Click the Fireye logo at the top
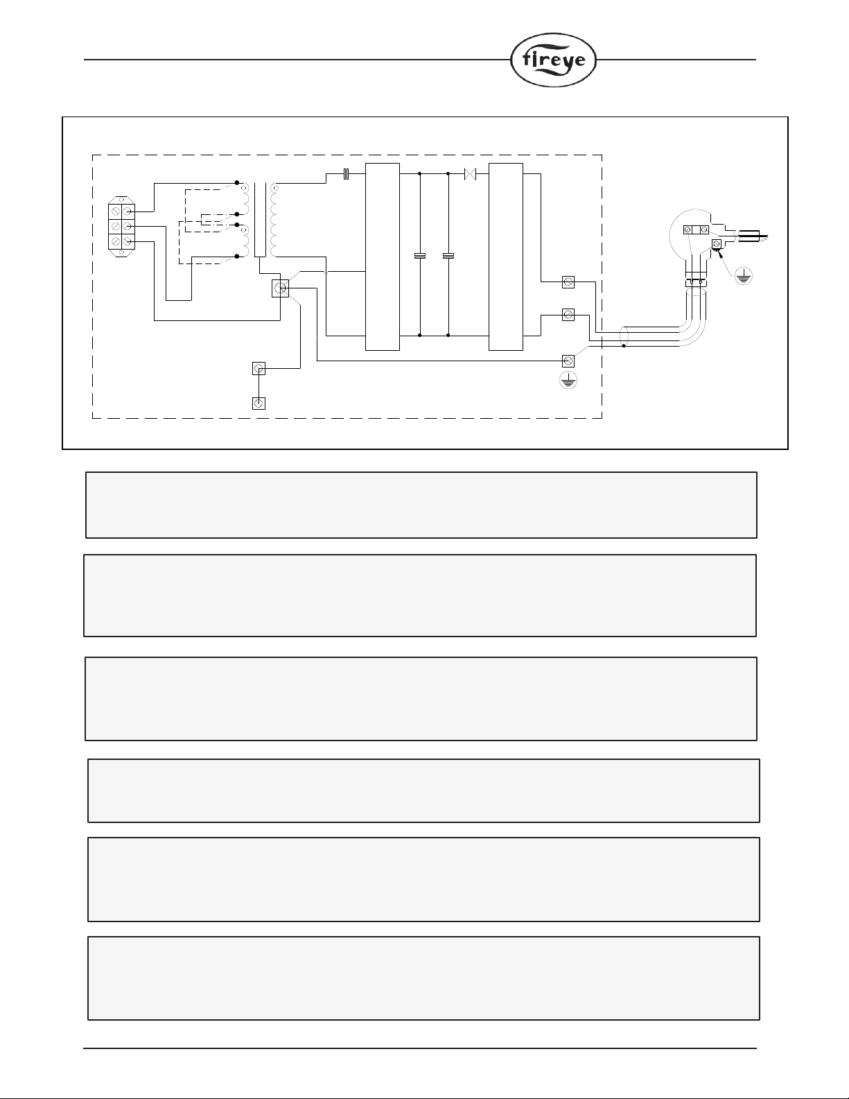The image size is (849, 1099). pos(553,60)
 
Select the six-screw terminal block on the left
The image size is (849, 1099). pos(121,225)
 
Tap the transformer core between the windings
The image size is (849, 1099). pos(259,220)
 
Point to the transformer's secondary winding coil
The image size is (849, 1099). pos(274,220)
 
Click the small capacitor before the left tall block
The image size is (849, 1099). pos(345,173)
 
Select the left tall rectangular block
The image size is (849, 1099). pos(383,257)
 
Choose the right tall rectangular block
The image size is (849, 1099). pos(505,257)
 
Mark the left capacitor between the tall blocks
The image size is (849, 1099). pos(420,257)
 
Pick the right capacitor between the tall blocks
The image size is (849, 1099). pos(448,257)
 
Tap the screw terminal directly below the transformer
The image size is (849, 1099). pos(281,288)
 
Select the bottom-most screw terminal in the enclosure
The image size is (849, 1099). pos(259,403)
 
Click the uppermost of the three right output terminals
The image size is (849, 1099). pos(568,282)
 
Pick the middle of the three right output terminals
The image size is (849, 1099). pos(568,315)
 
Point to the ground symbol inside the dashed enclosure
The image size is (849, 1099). pos(568,380)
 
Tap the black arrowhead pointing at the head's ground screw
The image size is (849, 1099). pos(721,252)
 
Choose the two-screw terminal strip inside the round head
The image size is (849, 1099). pos(695,230)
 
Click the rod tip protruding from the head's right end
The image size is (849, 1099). pos(762,236)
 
